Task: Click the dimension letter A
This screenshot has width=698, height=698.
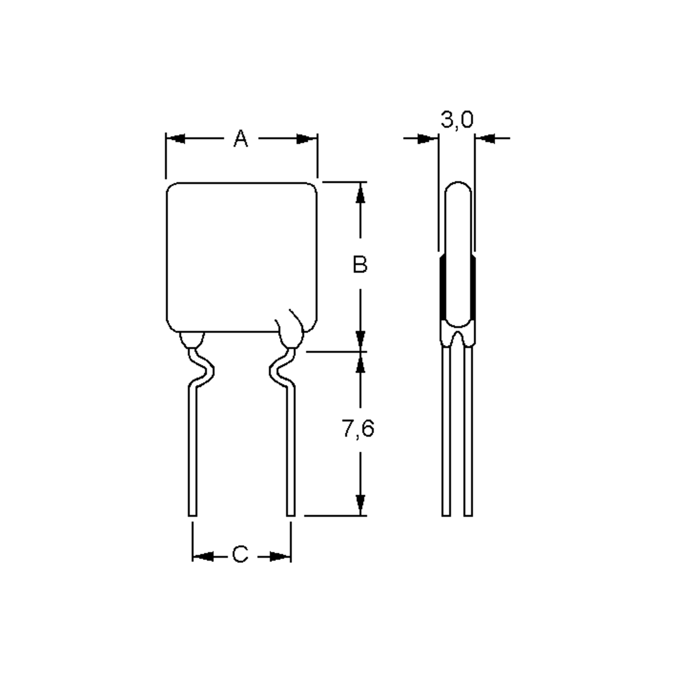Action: coord(241,139)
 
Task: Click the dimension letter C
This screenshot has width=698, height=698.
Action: coord(240,554)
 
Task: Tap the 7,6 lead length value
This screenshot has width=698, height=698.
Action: coord(357,428)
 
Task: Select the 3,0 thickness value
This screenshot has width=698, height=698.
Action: coord(457,120)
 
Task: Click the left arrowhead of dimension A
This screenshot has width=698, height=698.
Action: coord(176,139)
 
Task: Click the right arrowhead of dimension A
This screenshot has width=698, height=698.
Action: coord(306,139)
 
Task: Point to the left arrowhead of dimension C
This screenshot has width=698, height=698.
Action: coord(203,556)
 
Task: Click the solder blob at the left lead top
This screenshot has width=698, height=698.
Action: coord(192,340)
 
